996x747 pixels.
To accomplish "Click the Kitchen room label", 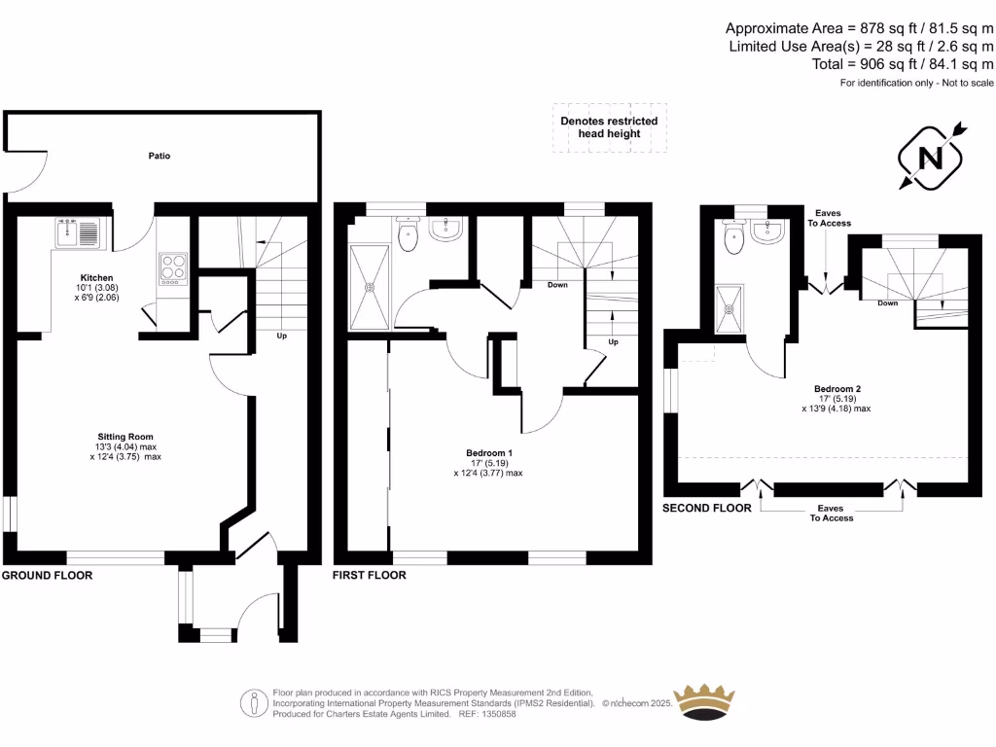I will (96, 278).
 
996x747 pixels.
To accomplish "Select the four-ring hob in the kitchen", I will (172, 267).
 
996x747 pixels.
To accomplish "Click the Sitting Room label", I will (125, 437).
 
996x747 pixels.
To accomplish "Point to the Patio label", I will (160, 156).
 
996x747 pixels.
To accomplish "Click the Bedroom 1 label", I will (488, 453).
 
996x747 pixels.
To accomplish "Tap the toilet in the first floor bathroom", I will (409, 233).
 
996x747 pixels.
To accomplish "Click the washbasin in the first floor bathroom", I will (445, 230).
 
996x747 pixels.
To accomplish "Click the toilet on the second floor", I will (731, 234).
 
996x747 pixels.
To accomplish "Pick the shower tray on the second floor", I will (729, 307).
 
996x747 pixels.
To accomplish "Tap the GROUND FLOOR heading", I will (47, 576).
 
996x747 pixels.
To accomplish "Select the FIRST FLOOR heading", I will (370, 576).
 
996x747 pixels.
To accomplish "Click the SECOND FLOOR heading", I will (707, 509).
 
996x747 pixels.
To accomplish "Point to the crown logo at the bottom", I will (719, 702).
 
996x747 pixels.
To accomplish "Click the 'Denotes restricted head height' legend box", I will (610, 127).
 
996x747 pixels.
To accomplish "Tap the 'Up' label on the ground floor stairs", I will (282, 336).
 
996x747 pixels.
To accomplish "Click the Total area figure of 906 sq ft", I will (902, 64).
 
